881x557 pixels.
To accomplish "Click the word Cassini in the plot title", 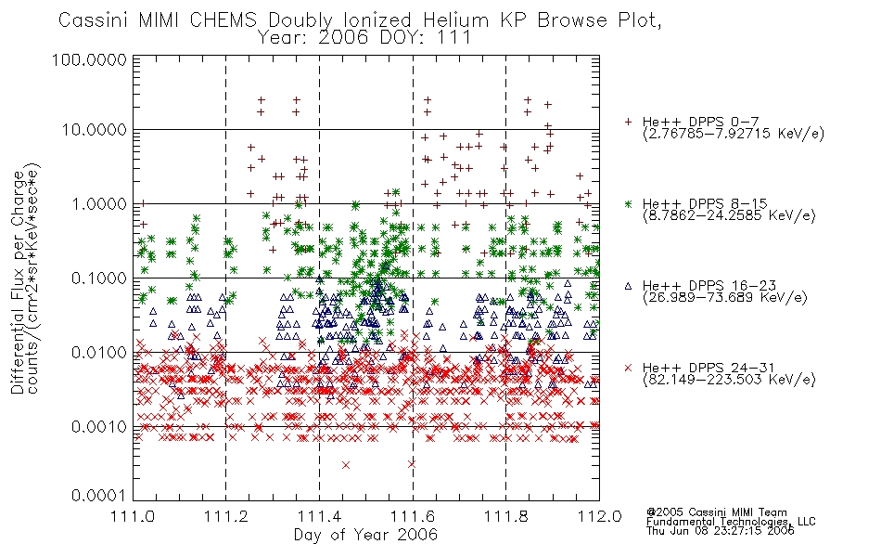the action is (x=95, y=20).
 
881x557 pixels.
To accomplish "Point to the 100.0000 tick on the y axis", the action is (x=89, y=59).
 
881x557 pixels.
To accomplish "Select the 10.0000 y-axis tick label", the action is (x=95, y=130).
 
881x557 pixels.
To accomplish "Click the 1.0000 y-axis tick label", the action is (x=99, y=203).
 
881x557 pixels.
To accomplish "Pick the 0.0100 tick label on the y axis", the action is (x=99, y=353).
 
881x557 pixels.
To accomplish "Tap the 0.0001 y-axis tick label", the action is (x=99, y=496).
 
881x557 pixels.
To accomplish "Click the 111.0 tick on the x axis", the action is (x=133, y=516).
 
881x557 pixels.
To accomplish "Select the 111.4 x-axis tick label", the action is (x=319, y=516).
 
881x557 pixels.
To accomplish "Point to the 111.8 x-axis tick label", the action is (x=505, y=516).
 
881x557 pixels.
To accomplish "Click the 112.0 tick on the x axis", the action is (x=599, y=516).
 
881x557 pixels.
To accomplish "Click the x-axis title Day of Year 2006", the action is (x=365, y=535).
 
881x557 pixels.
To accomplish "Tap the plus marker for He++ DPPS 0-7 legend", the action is (x=628, y=122).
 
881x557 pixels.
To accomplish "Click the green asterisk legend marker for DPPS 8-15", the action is (x=628, y=203).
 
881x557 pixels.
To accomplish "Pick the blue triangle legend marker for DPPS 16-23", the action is (x=628, y=286).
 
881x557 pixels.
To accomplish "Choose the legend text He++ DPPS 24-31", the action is (x=708, y=368).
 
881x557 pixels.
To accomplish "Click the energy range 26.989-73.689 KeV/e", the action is (x=725, y=297).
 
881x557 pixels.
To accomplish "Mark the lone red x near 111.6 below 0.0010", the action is (x=411, y=464).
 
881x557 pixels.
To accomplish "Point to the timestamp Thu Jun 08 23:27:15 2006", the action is (x=721, y=531).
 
